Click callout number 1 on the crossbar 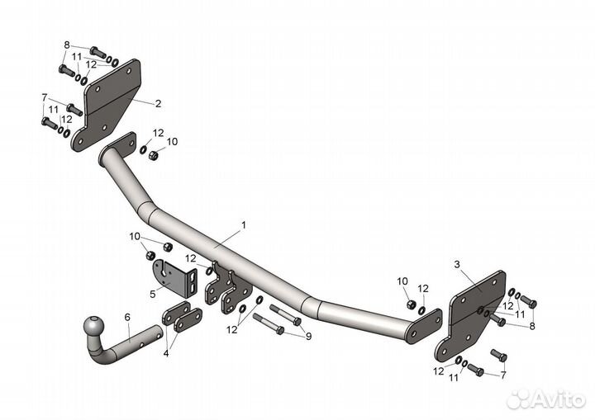tap(244, 224)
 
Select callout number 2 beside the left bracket tap(158, 104)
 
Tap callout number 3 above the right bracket tap(456, 264)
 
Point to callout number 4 tap(166, 353)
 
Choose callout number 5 tap(152, 293)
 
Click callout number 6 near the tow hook tap(127, 317)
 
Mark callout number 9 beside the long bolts tap(308, 336)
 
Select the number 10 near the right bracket tap(402, 281)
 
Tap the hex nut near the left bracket tap(153, 154)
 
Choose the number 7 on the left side tap(44, 97)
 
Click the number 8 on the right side tap(532, 327)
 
